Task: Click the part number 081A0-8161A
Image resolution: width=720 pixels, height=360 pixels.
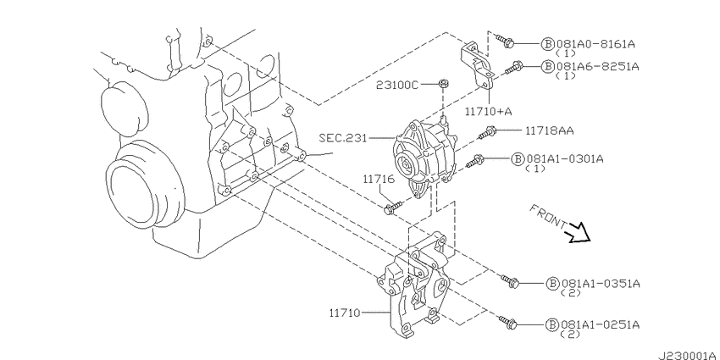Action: click(x=595, y=44)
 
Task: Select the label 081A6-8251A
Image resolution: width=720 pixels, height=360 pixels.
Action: click(x=597, y=67)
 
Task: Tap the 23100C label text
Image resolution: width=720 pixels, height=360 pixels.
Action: click(x=397, y=85)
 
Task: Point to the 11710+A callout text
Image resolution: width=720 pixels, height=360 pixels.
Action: click(x=488, y=111)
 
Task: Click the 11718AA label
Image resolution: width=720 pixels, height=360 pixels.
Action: click(x=549, y=131)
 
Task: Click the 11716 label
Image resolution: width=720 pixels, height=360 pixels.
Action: click(x=379, y=179)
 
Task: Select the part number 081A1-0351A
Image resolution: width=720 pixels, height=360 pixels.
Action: click(x=601, y=283)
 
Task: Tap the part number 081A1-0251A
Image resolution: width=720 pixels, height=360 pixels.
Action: click(x=600, y=324)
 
